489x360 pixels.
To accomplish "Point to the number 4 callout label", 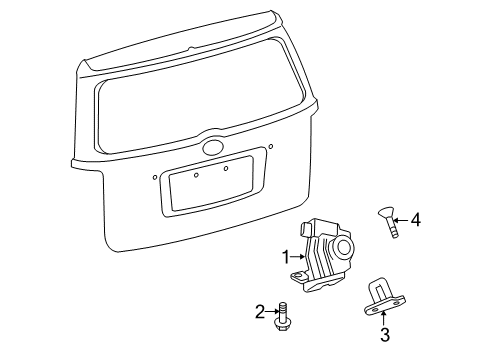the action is point(417,246).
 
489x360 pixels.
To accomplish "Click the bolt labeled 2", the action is point(286,314).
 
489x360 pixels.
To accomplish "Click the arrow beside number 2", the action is point(272,313).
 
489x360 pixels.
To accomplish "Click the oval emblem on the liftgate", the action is point(213,147).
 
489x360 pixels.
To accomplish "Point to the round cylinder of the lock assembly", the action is point(345,248).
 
